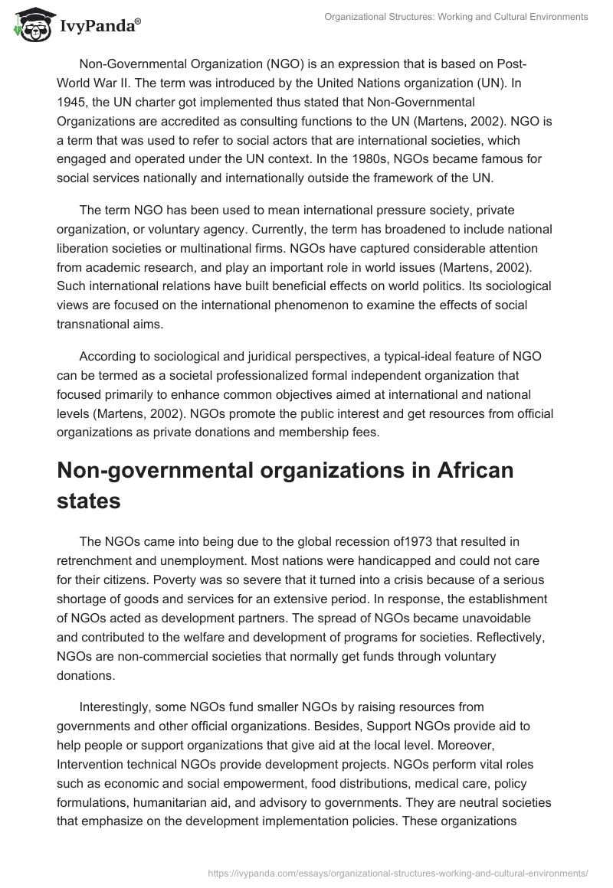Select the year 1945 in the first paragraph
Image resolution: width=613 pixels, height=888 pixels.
point(74,101)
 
